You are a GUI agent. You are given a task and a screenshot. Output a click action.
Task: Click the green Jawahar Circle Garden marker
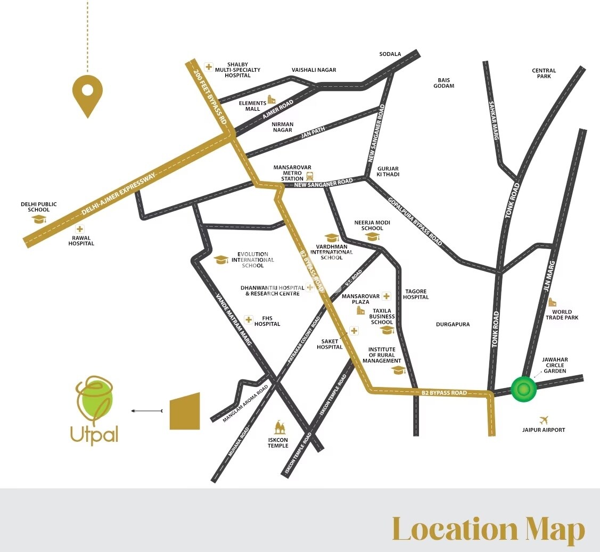[x=523, y=389]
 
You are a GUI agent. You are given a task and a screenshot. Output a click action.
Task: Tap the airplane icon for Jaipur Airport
[x=544, y=420]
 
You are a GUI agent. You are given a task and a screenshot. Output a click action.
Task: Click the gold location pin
[x=87, y=95]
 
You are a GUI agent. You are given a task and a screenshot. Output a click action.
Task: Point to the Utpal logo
[x=95, y=410]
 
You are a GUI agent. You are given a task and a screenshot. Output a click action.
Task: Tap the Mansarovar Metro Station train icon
[x=310, y=176]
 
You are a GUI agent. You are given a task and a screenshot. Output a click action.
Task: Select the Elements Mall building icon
[x=272, y=100]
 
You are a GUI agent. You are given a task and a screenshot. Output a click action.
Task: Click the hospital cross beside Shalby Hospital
[x=209, y=67]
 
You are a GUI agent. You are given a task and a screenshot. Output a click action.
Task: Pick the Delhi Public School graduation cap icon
[x=39, y=219]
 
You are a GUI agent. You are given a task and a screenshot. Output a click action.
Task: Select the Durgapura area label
[x=453, y=324]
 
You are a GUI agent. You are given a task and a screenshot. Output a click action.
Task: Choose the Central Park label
[x=544, y=73]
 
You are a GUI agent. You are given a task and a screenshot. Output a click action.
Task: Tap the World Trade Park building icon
[x=552, y=302]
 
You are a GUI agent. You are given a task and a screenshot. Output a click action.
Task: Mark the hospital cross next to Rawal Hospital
[x=79, y=229]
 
